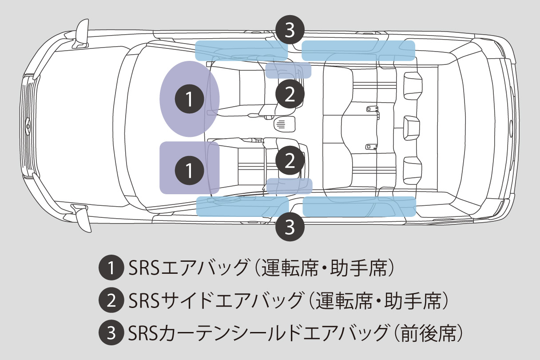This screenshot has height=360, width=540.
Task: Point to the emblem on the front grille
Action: pyautogui.click(x=28, y=126)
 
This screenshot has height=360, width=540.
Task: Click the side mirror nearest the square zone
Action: pyautogui.click(x=82, y=218)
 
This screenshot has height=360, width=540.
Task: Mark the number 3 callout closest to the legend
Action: pyautogui.click(x=290, y=227)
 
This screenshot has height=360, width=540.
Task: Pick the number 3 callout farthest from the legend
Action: pyautogui.click(x=290, y=31)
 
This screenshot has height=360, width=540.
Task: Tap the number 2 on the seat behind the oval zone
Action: pyautogui.click(x=290, y=94)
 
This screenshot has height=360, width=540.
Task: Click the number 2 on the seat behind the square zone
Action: pyautogui.click(x=290, y=160)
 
